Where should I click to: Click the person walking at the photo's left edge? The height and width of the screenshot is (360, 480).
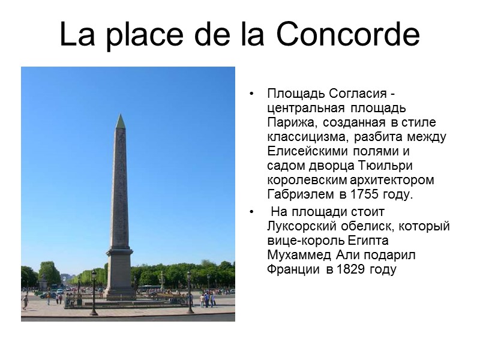[25, 301]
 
